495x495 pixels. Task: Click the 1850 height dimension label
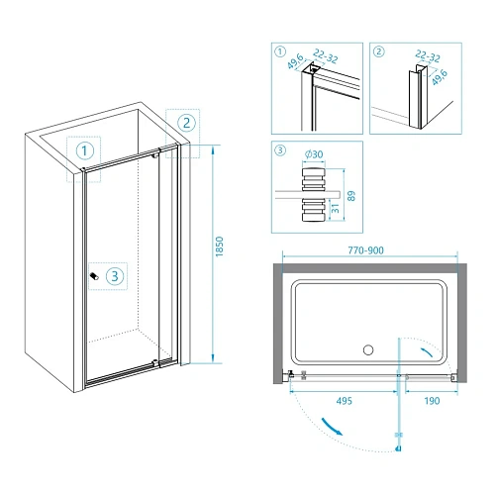pyautogui.click(x=219, y=247)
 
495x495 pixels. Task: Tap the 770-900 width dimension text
pyautogui.click(x=365, y=250)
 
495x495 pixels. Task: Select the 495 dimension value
pyautogui.click(x=345, y=401)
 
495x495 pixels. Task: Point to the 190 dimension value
pyautogui.click(x=432, y=401)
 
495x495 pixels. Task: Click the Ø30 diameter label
pyautogui.click(x=314, y=154)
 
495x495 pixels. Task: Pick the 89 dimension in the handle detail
pyautogui.click(x=351, y=196)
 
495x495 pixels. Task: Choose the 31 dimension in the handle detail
pyautogui.click(x=335, y=208)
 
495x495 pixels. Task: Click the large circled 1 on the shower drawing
pyautogui.click(x=85, y=150)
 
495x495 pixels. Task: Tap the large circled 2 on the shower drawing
pyautogui.click(x=186, y=123)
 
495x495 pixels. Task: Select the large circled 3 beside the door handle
pyautogui.click(x=115, y=275)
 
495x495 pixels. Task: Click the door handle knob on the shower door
pyautogui.click(x=94, y=276)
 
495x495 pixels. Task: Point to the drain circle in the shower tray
pyautogui.click(x=368, y=349)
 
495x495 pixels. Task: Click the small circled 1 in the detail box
pyautogui.click(x=280, y=51)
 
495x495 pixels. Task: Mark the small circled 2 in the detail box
pyautogui.click(x=379, y=51)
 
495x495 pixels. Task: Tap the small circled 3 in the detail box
pyautogui.click(x=280, y=150)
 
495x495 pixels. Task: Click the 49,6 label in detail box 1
pyautogui.click(x=295, y=61)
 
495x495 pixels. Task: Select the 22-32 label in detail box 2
pyautogui.click(x=428, y=56)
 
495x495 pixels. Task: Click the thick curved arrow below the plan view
pyautogui.click(x=332, y=427)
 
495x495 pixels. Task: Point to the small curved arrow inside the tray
pyautogui.click(x=427, y=352)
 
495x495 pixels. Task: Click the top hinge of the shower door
pyautogui.click(x=155, y=153)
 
